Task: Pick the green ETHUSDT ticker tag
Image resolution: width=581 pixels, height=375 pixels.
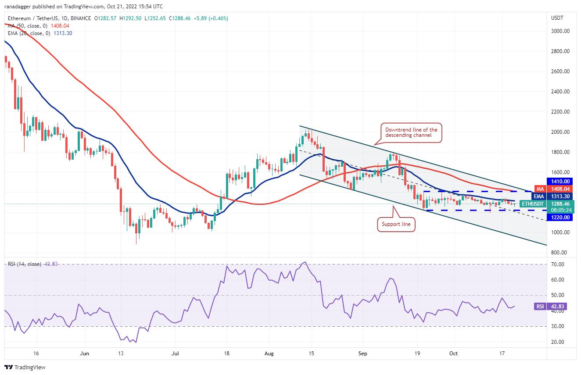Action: [x=533, y=204]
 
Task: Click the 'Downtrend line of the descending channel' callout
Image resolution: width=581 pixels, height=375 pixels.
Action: [x=411, y=133]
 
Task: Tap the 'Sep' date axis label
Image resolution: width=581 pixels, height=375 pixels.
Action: [x=363, y=353]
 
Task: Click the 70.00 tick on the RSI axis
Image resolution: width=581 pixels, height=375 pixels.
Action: [x=557, y=264]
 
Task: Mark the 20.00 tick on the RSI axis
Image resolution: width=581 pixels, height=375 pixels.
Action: [x=557, y=342]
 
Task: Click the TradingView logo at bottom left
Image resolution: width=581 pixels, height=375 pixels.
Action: [x=25, y=367]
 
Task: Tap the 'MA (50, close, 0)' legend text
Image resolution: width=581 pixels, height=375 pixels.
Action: [x=27, y=26]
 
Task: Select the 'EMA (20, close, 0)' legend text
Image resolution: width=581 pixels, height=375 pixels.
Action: [x=28, y=33]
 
